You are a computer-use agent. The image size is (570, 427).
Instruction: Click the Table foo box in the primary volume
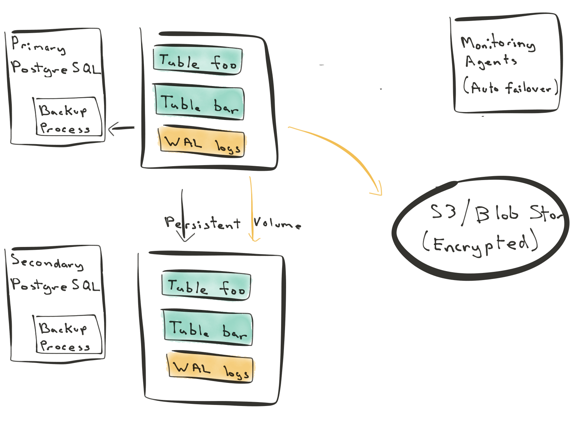click(198, 60)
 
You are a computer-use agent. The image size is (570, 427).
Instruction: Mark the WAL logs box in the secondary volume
click(211, 368)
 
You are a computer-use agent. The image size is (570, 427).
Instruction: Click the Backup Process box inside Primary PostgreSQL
click(68, 117)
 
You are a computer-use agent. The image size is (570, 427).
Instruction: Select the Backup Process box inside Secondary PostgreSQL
click(68, 334)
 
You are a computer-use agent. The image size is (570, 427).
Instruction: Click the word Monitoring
click(498, 43)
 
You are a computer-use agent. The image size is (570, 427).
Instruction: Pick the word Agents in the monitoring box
click(491, 62)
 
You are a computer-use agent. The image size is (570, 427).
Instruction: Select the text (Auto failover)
click(511, 87)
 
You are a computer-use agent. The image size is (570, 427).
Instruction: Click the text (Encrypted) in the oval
click(480, 244)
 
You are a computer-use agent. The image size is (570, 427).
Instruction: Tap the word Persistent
click(202, 223)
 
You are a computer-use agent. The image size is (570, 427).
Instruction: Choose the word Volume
click(277, 223)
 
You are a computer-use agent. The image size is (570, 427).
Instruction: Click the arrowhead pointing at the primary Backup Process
click(110, 129)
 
